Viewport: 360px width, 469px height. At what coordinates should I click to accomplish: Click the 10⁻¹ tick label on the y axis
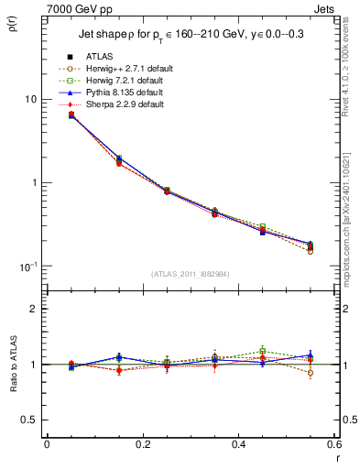[x=27, y=267]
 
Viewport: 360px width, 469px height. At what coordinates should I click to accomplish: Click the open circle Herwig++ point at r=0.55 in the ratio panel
[x=310, y=373]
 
